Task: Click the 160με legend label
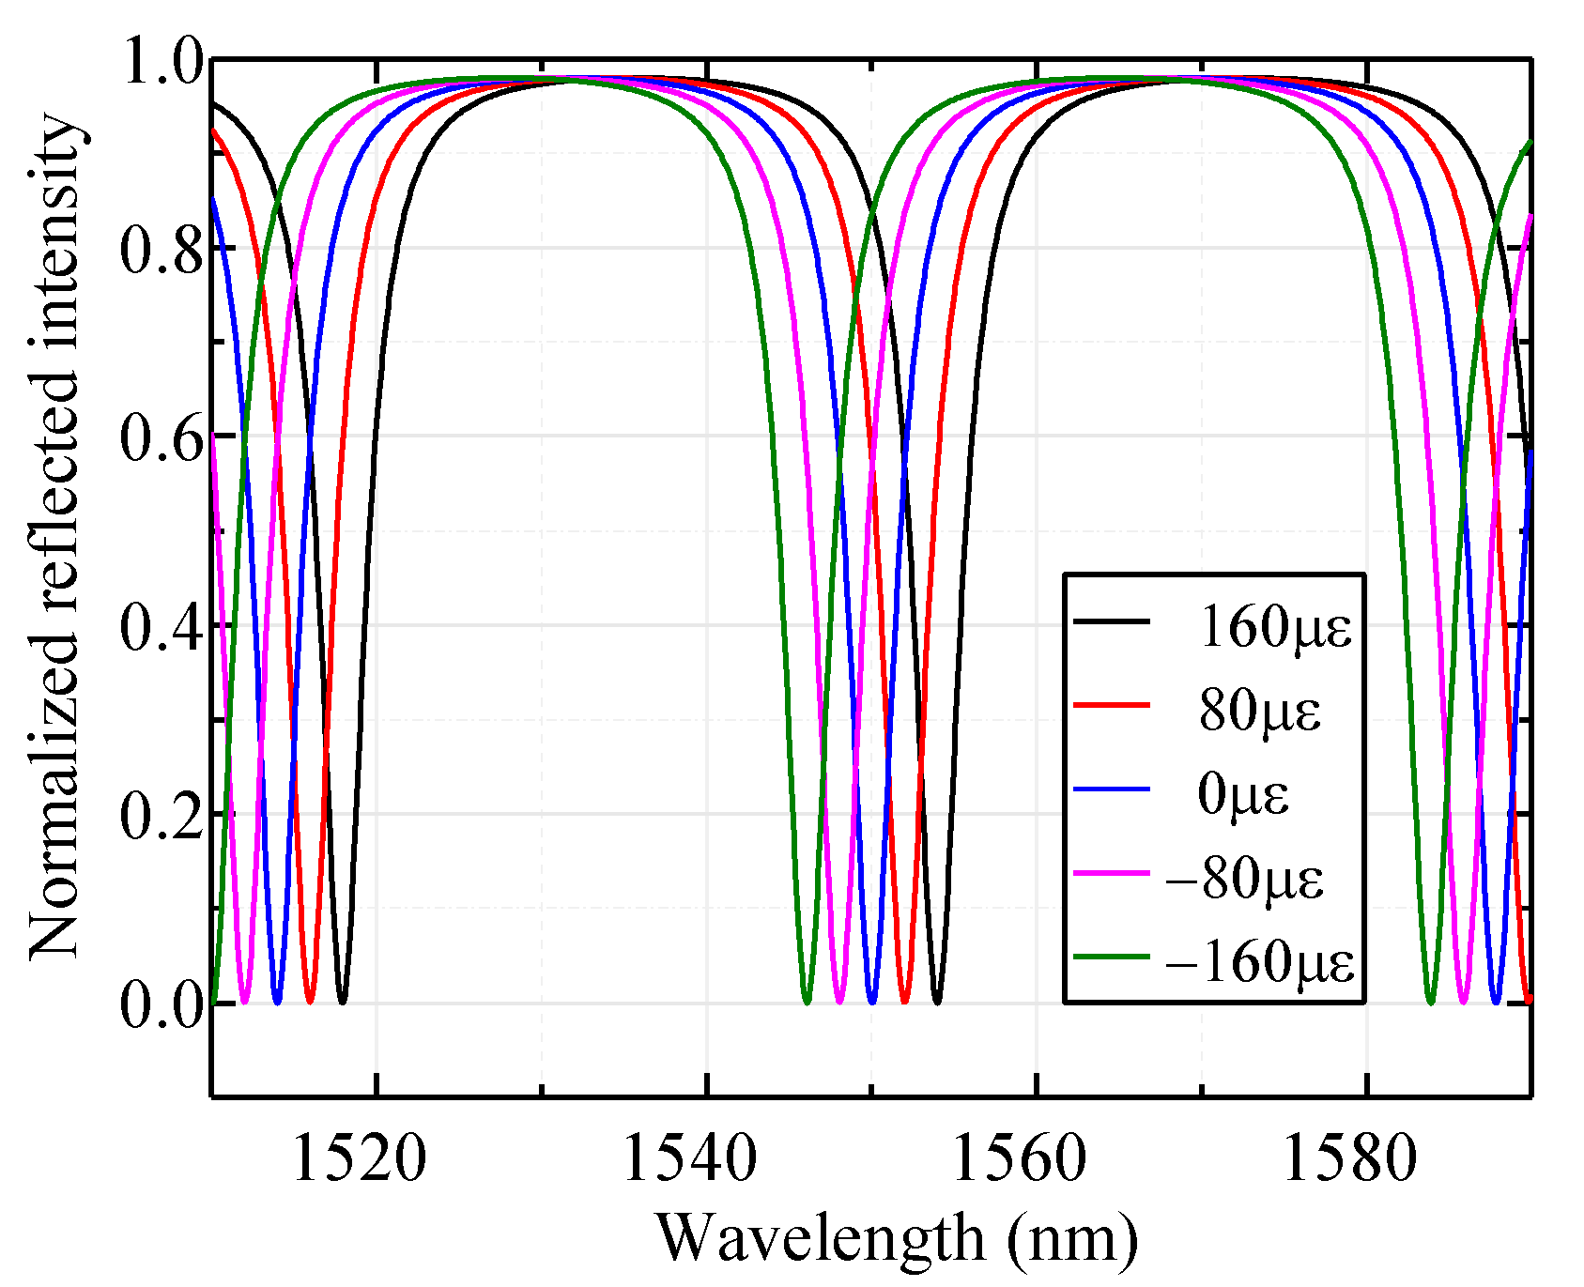click(x=1274, y=627)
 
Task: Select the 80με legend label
click(x=1259, y=710)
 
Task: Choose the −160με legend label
click(x=1259, y=961)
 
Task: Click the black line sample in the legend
click(x=1112, y=621)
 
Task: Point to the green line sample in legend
click(x=1112, y=957)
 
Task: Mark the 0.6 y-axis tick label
click(x=161, y=438)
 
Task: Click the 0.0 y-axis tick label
click(x=161, y=1005)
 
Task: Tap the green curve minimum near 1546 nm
click(x=807, y=1002)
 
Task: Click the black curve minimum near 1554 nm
click(x=937, y=1002)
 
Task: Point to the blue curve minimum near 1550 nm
click(x=872, y=1002)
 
